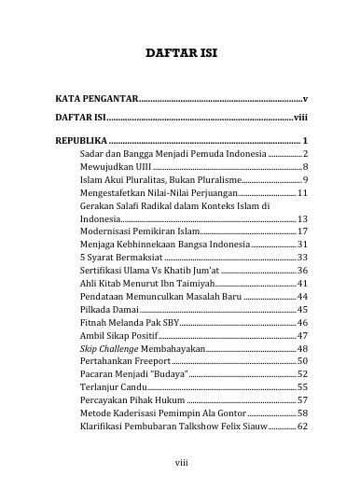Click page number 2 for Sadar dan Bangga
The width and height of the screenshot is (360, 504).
click(x=305, y=151)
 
